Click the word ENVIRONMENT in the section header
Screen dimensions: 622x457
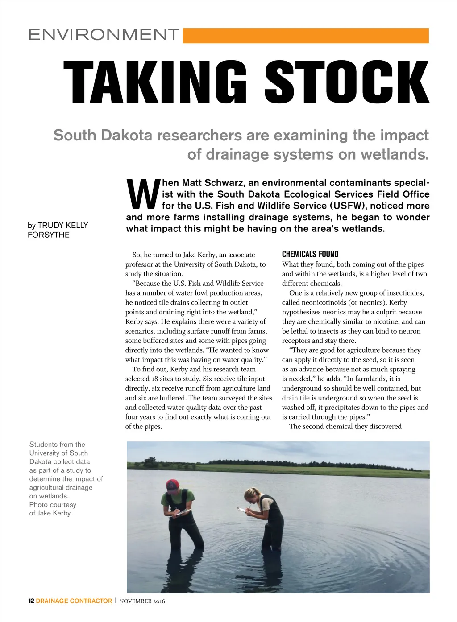[x=104, y=35]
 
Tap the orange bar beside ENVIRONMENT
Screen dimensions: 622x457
[x=306, y=36]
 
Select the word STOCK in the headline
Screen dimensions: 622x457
[x=347, y=82]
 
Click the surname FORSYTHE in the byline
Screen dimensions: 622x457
[x=49, y=235]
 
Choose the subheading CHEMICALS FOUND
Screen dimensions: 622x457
[x=310, y=254]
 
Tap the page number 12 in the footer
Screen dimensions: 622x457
[x=31, y=601]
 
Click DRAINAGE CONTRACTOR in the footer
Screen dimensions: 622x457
[x=74, y=601]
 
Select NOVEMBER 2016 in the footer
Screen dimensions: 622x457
[x=142, y=601]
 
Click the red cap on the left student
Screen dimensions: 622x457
[x=173, y=485]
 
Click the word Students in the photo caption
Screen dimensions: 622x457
[x=44, y=445]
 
